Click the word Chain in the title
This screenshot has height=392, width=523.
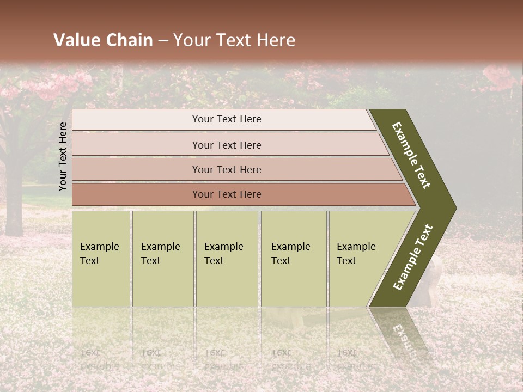point(129,40)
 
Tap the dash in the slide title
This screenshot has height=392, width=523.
point(163,41)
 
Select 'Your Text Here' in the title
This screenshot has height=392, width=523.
point(234,40)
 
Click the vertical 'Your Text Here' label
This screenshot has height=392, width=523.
point(63,156)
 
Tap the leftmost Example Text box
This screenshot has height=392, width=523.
point(101,259)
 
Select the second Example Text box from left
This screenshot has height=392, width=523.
point(162,259)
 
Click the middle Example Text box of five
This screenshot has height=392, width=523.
point(227,259)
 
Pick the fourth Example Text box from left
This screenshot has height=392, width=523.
point(293,259)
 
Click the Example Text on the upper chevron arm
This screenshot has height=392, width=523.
point(411,155)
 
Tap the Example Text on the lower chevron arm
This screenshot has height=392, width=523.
point(412,258)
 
